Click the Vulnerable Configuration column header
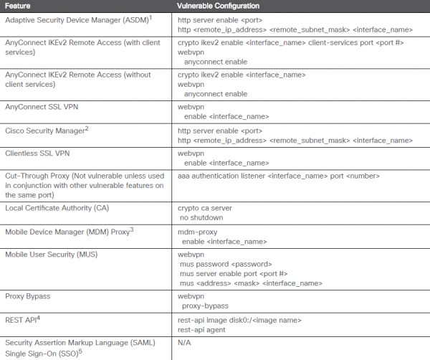219,6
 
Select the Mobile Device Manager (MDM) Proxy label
70,232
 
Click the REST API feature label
24,318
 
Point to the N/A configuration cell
185,343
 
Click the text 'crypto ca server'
206,208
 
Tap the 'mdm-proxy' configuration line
197,232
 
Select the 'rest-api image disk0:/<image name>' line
239,319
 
